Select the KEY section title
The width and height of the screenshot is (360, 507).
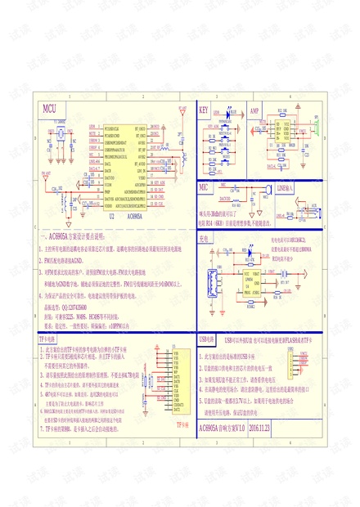pos(205,109)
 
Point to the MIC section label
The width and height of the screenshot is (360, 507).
pos(205,187)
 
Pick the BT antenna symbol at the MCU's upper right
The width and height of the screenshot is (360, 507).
pos(179,115)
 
